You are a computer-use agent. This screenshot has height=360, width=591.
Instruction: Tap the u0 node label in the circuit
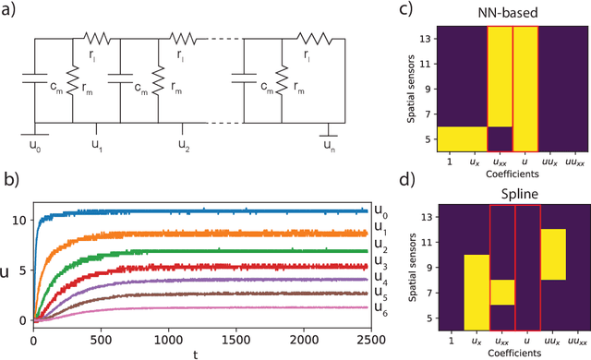(x=35, y=144)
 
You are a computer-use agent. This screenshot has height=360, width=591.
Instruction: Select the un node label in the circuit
(x=330, y=144)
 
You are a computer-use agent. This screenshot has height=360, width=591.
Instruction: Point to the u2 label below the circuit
(x=184, y=144)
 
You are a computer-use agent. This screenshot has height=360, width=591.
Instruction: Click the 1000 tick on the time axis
(x=155, y=335)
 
